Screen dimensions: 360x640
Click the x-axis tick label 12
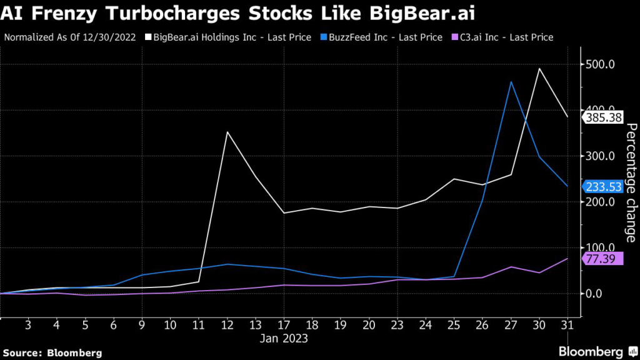227,326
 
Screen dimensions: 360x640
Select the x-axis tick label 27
511,326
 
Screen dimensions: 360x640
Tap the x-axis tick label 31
567,326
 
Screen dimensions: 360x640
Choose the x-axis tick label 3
29,326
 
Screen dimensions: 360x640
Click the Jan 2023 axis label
284,339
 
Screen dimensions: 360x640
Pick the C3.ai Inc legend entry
501,37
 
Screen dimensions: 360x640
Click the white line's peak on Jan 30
539,68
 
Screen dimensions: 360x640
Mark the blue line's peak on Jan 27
511,82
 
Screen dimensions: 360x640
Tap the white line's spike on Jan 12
227,132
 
